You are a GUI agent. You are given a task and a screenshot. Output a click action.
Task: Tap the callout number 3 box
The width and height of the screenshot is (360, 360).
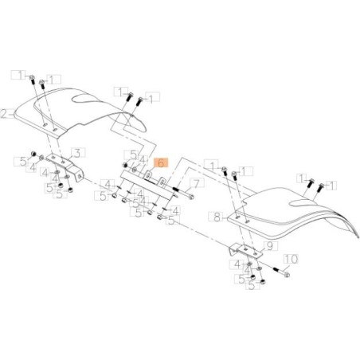(x=76, y=151)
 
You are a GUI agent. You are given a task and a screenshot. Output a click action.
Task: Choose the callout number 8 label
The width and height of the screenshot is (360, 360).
(x=216, y=215)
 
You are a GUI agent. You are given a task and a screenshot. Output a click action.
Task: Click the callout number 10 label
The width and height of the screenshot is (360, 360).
(x=290, y=259)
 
